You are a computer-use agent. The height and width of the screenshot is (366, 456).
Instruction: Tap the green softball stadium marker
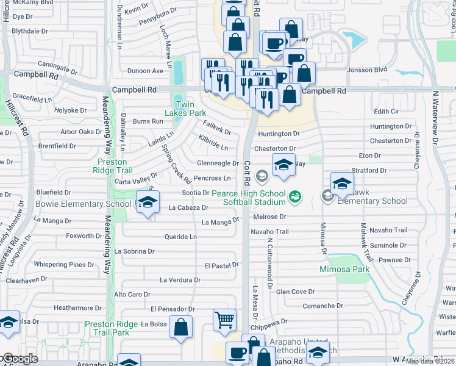295,196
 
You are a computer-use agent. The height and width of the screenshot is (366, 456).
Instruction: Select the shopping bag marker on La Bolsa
181,326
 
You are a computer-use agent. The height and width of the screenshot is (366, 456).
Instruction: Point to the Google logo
20,359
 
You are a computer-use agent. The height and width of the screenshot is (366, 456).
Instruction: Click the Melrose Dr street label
270,217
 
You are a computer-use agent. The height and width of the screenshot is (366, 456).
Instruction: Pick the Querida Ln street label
181,237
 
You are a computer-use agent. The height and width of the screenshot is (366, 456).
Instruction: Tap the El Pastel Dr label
221,265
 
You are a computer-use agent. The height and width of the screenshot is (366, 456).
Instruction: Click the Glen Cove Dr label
296,292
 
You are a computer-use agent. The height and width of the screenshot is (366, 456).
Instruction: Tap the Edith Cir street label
387,111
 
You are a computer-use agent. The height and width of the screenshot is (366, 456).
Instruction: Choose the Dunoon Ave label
145,71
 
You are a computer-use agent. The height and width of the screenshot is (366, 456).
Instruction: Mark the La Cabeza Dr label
189,207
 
